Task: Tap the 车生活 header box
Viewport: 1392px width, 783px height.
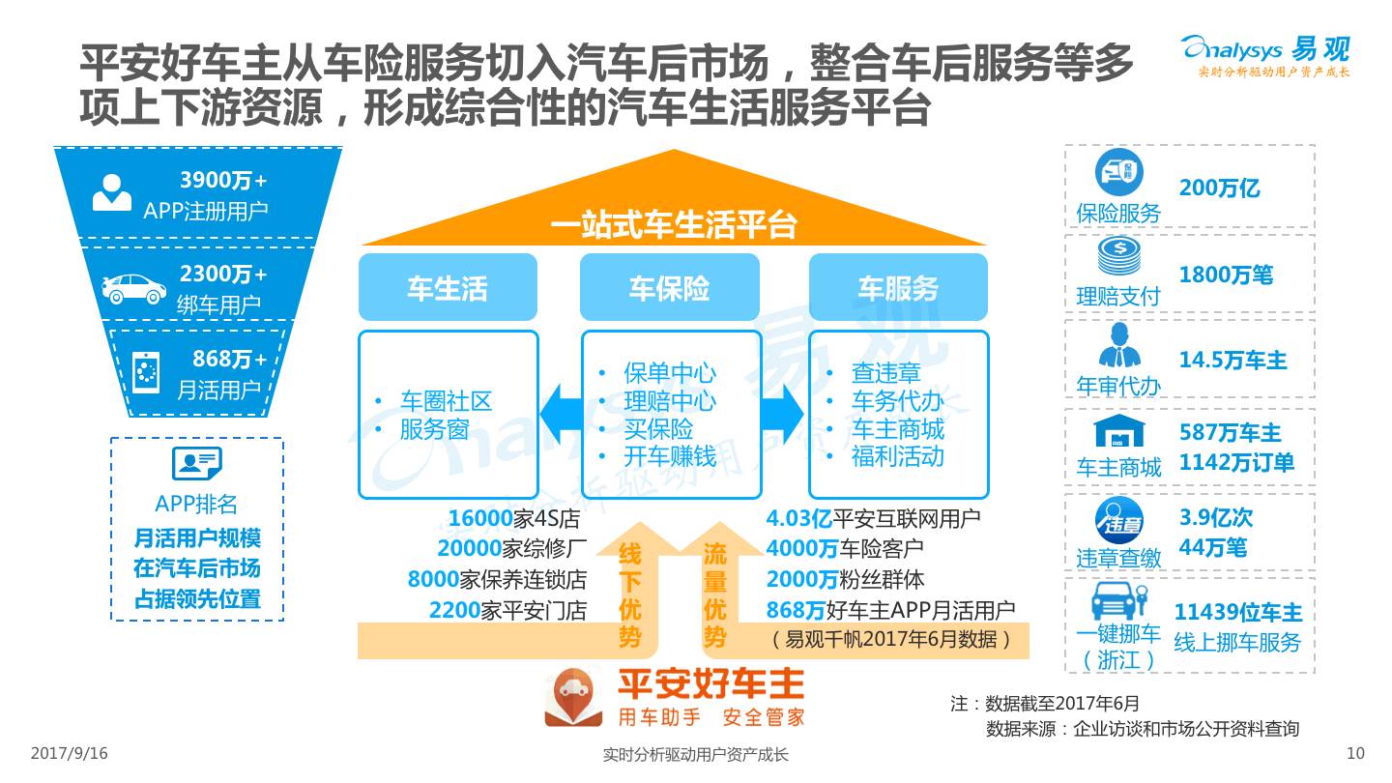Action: click(447, 287)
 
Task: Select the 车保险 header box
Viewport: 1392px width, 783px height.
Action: click(669, 287)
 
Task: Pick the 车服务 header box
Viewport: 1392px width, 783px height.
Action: click(898, 287)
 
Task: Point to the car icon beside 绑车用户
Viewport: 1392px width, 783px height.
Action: click(134, 288)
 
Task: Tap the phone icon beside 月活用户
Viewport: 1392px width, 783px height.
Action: click(146, 373)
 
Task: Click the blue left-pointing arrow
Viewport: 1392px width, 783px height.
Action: click(559, 414)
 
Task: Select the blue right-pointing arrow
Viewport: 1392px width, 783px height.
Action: click(783, 414)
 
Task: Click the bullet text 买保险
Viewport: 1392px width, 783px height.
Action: click(657, 428)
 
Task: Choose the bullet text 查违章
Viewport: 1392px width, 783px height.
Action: click(885, 373)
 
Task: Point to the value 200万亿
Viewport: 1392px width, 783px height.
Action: click(1219, 188)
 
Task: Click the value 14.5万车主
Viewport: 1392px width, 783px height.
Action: click(1232, 361)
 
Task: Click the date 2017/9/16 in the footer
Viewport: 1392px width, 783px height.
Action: click(70, 753)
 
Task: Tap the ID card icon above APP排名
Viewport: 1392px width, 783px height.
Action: click(196, 464)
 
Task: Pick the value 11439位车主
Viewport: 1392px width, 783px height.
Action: click(1237, 613)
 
